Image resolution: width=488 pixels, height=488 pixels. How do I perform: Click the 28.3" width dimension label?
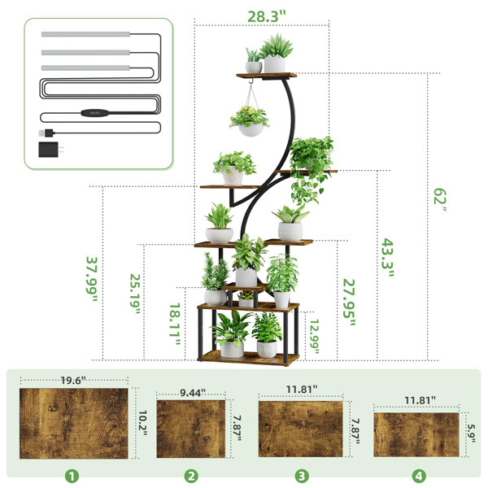267,16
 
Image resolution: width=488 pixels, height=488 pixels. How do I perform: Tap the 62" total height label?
440,200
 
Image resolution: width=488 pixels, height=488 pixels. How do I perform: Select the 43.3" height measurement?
388,258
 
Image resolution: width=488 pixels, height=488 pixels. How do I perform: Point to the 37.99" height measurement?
92,279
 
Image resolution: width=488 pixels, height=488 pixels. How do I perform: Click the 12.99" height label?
314,337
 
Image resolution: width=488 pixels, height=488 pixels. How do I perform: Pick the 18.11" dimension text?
175,325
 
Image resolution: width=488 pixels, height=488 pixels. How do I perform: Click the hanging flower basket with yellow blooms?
250,120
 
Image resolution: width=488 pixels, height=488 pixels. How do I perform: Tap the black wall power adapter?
50,150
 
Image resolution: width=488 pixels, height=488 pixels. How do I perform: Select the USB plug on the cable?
46,133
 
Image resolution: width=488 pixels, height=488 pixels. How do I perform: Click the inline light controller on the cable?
95,113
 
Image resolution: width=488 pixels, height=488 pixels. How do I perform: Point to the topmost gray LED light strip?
85,34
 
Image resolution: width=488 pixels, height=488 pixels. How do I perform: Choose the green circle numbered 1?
72,476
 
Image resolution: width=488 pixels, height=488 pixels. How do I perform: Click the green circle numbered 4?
419,476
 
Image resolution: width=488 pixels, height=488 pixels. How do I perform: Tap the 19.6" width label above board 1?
73,381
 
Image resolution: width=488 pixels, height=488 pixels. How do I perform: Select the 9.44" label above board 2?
193,393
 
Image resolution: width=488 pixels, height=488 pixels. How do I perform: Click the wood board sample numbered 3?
301,429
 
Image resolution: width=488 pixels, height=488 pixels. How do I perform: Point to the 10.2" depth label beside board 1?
142,423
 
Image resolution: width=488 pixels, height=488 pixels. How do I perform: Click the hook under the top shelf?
251,81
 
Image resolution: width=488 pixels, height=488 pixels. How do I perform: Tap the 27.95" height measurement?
349,303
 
